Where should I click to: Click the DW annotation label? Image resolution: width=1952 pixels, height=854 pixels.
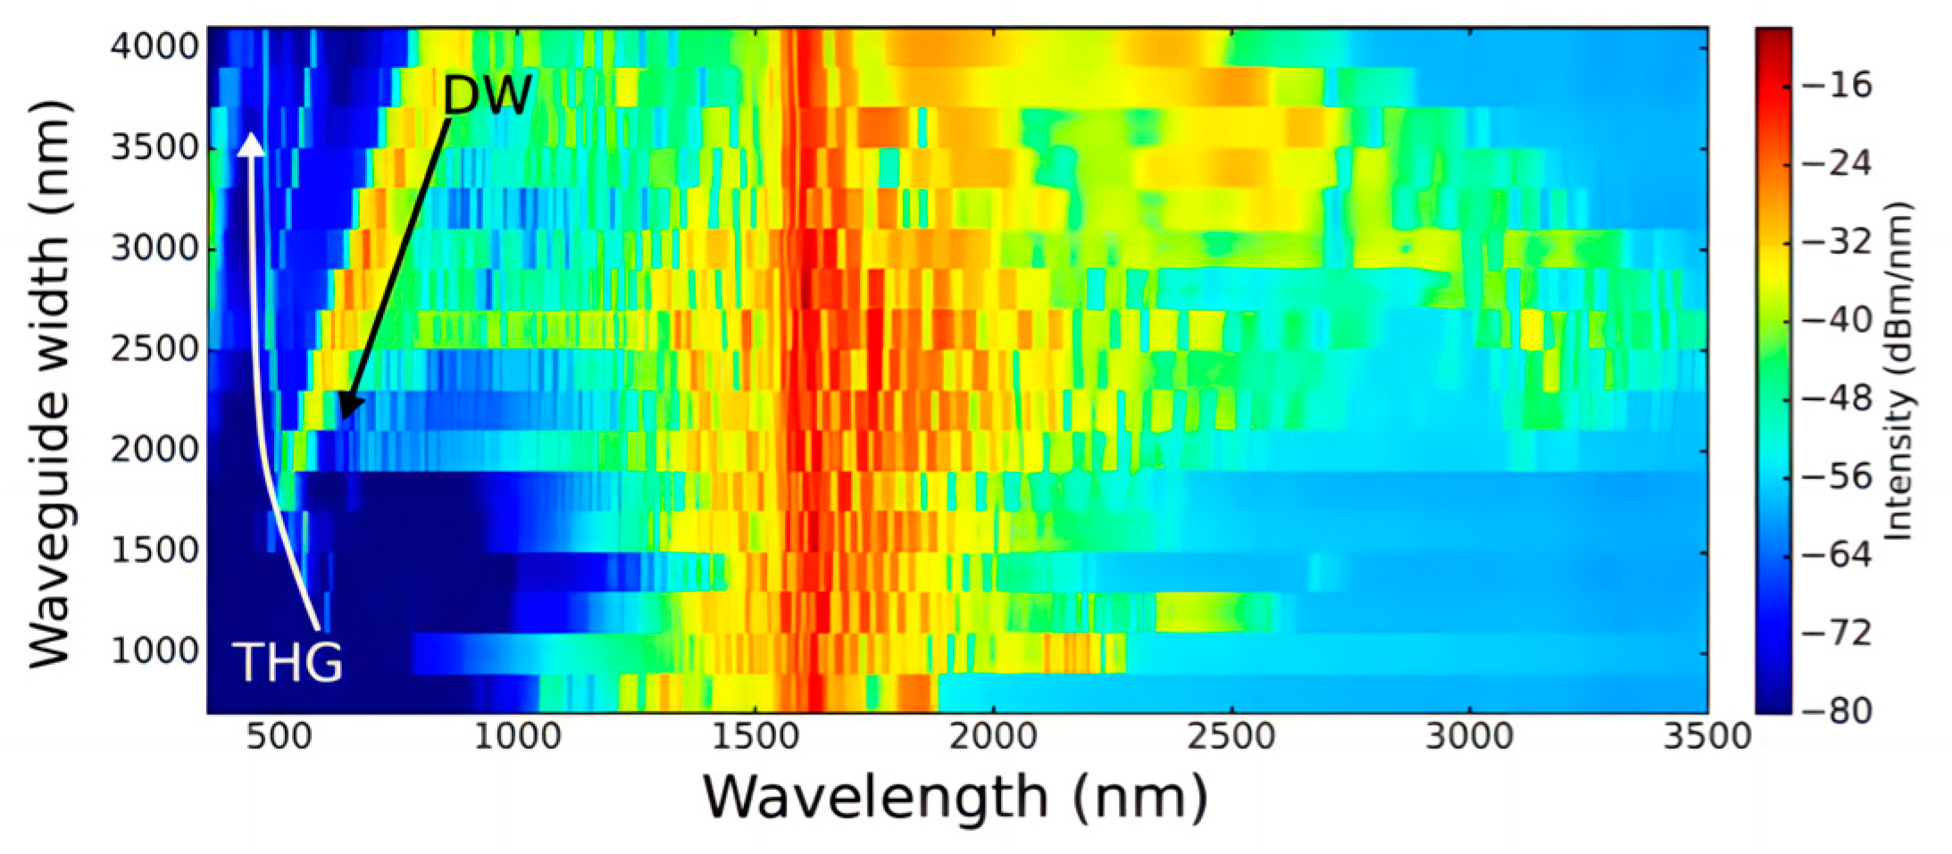tap(488, 95)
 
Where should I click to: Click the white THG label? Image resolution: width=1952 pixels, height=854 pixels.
tap(288, 663)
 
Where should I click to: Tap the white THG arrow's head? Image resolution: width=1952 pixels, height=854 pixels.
tap(252, 144)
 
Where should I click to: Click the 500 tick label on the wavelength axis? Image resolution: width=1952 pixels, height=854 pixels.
tap(279, 737)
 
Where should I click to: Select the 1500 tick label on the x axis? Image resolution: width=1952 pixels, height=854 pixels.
tap(755, 737)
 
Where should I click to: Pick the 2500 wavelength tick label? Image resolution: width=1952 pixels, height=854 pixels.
tap(1231, 737)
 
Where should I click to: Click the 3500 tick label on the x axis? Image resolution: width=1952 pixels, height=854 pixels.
tap(1706, 737)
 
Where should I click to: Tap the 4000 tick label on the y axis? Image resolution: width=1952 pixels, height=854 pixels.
tap(154, 46)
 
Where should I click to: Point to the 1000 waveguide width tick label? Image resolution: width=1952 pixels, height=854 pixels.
tap(154, 651)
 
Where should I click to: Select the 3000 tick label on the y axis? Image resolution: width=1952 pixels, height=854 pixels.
tap(154, 248)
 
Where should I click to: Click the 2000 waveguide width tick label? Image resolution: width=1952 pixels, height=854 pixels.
tap(154, 450)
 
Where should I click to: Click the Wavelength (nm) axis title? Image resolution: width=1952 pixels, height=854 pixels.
tap(955, 797)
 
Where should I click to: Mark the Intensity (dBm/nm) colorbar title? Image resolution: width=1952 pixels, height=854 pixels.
tap(1898, 370)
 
